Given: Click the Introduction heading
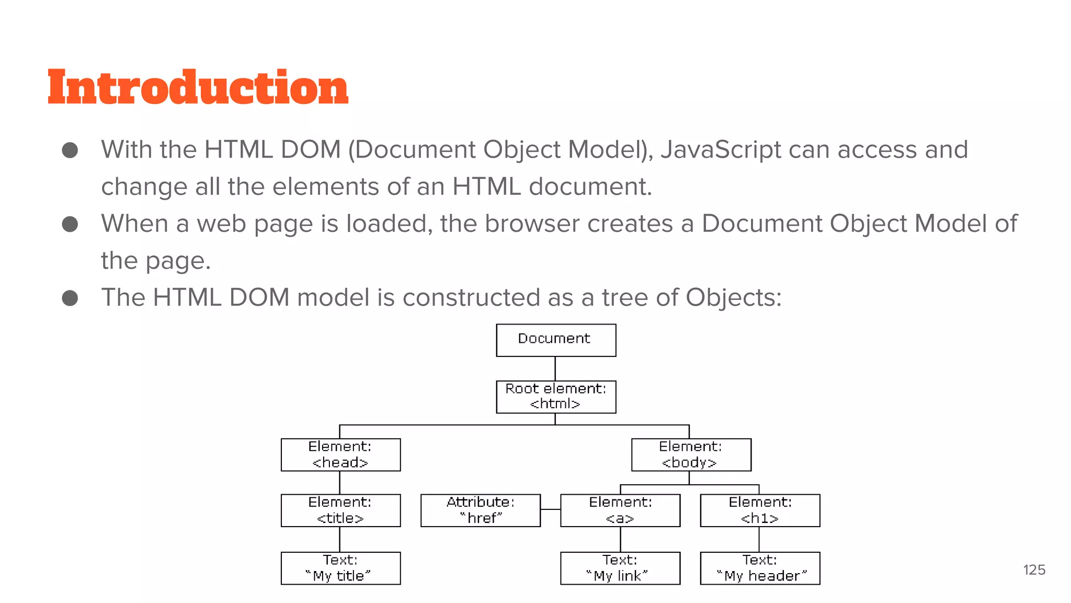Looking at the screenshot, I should pos(198,87).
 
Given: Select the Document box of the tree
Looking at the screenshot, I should pos(555,340).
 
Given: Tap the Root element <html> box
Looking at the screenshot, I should pos(555,397).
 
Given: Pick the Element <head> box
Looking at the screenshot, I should pos(340,455).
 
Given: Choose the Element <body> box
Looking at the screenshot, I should pos(691,455).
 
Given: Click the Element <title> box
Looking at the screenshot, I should pos(340,510).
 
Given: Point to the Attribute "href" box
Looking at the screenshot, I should pos(480,510).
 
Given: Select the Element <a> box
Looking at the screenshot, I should pos(620,510).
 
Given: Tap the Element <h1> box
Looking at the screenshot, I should pos(760,510).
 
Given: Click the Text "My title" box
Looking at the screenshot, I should pos(340,568).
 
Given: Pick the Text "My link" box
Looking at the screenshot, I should pos(620,568).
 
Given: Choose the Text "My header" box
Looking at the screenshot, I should pos(760,568).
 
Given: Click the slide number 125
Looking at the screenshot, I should pos(1034,570).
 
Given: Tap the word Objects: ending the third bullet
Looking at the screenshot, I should pos(733,298).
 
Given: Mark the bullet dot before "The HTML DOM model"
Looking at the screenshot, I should pos(70,298).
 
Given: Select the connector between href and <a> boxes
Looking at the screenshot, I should pos(550,509).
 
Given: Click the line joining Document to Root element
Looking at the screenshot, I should pos(555,368).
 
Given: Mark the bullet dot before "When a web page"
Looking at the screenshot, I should pos(70,225).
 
